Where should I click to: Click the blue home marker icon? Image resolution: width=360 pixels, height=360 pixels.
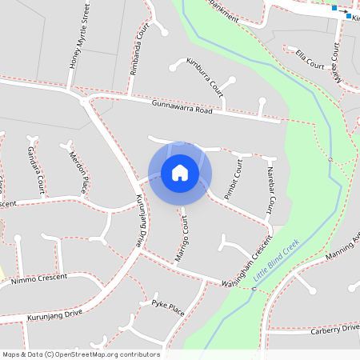coord(180,172)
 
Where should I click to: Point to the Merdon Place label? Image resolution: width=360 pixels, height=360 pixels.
coord(77,172)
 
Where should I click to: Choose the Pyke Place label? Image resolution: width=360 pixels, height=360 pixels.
coord(167,307)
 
